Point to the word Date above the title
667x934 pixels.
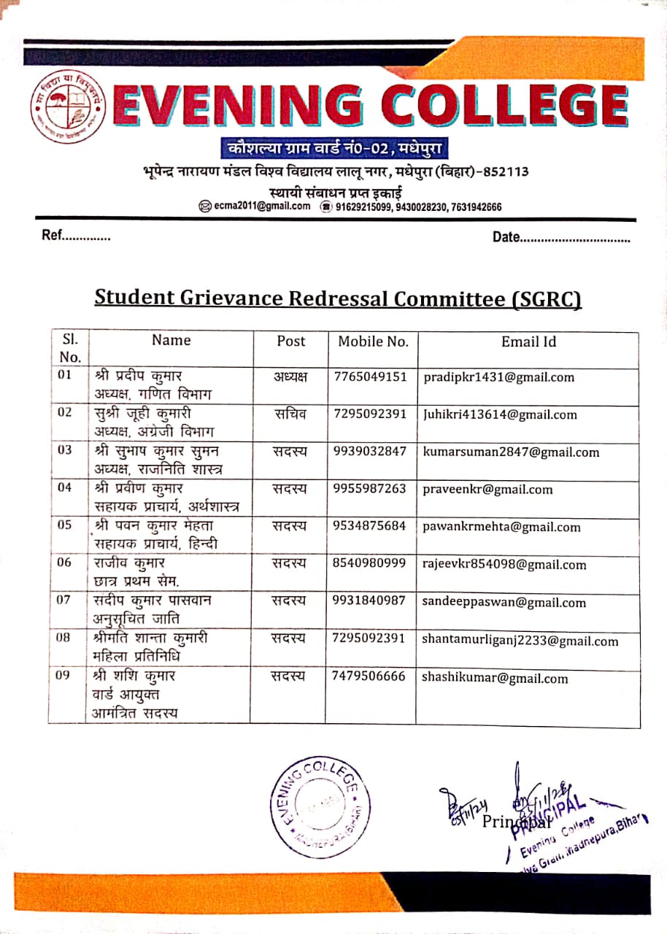[x=506, y=237]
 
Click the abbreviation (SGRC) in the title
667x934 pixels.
[x=542, y=298]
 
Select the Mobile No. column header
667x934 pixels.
[x=372, y=341]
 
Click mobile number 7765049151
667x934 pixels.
[x=369, y=377]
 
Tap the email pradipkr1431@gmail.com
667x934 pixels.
[x=498, y=377]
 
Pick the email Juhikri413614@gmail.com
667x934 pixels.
[x=500, y=414]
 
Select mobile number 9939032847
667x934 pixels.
[x=369, y=452]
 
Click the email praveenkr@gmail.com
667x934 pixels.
[x=487, y=490]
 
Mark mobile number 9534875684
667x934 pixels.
[x=369, y=527]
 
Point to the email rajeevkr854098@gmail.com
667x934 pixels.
[x=504, y=564]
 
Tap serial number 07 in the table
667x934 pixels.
[x=64, y=601]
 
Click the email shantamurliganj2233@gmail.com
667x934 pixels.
[x=520, y=641]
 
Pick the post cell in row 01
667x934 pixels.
[x=290, y=377]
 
